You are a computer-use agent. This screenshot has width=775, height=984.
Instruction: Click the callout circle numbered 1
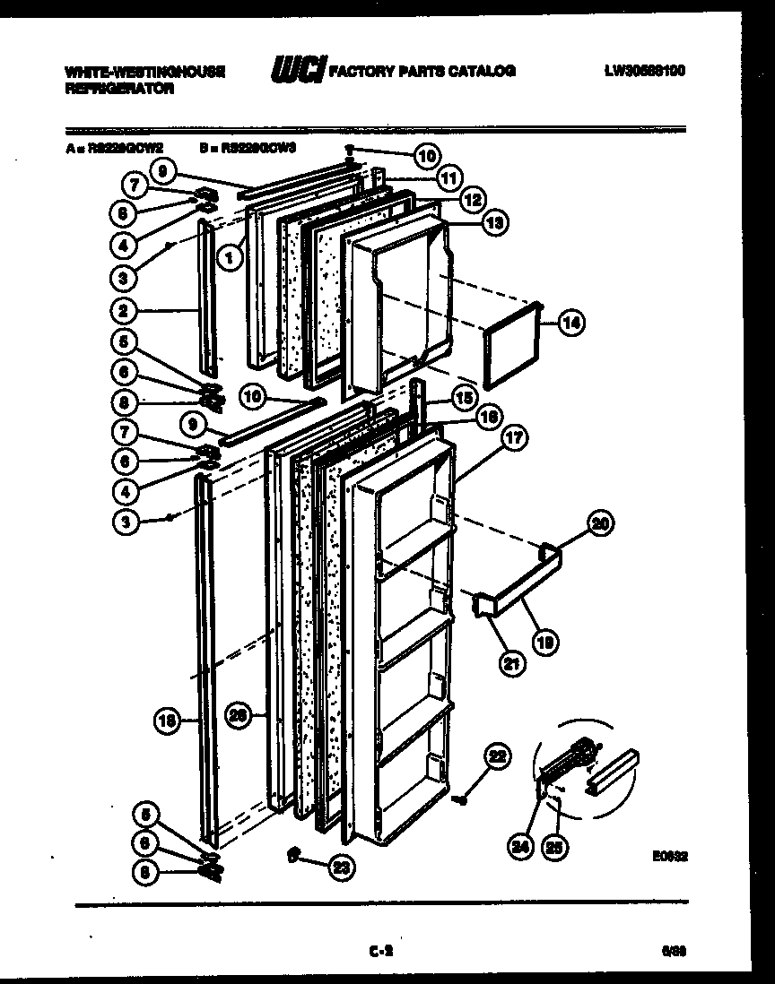[231, 258]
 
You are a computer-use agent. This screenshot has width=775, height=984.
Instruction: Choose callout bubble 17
[514, 437]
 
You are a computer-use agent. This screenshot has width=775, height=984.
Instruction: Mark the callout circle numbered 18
[167, 718]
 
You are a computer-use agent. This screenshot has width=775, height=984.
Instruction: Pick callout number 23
[340, 866]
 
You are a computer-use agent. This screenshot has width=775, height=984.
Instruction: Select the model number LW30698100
[644, 70]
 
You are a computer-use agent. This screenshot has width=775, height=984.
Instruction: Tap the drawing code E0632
[670, 856]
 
